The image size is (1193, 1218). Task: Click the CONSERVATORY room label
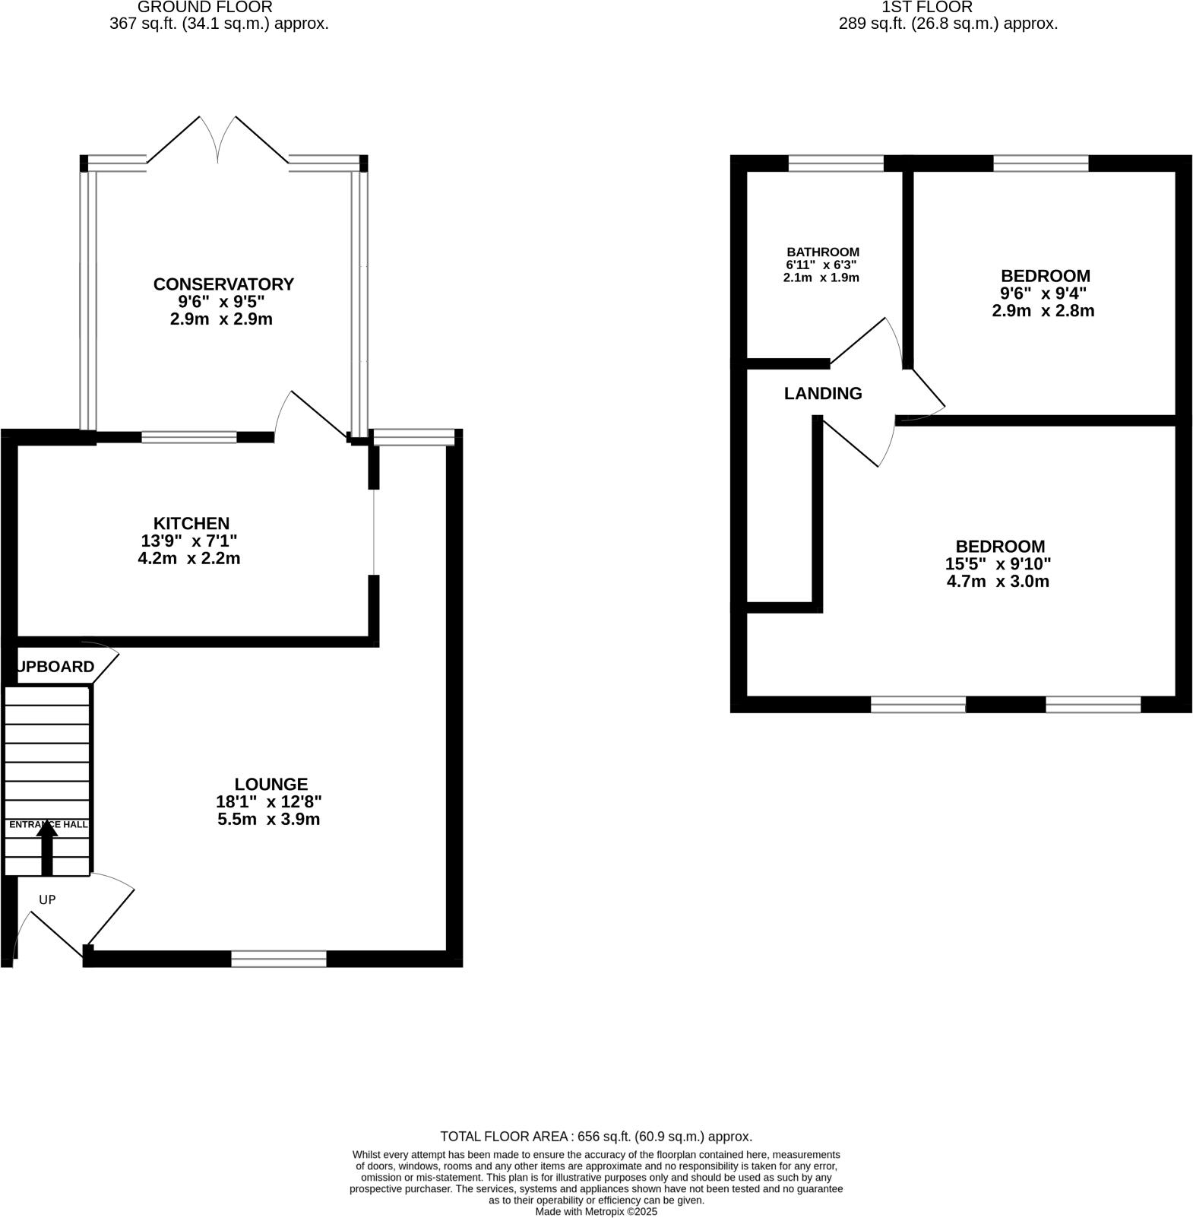tap(223, 284)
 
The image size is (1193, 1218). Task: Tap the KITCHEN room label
tap(191, 524)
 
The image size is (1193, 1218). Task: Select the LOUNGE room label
tap(271, 785)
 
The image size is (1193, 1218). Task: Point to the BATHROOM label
tap(823, 252)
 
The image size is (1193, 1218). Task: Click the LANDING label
tap(823, 394)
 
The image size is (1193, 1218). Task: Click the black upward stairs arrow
tap(47, 848)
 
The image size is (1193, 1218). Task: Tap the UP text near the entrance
tap(47, 900)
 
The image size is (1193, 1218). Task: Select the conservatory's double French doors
tap(218, 141)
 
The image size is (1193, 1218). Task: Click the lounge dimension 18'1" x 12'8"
tap(269, 802)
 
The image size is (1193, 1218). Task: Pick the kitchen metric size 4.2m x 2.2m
tap(189, 559)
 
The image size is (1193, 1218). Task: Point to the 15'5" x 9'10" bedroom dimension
tap(998, 564)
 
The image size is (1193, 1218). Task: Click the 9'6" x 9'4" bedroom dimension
tap(1043, 293)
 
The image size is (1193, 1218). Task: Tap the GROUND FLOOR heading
tap(205, 8)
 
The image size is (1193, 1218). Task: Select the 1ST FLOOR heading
tap(926, 8)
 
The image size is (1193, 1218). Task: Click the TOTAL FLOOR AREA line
tap(596, 1137)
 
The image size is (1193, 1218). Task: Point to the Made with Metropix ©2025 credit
tap(596, 1212)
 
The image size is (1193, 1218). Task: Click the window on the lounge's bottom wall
tap(279, 959)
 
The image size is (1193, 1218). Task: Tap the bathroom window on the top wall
tap(836, 163)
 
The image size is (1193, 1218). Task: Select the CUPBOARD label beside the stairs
tap(55, 667)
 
